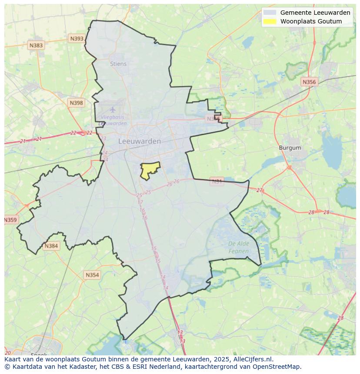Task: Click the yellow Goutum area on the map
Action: pos(149,169)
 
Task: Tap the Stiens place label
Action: pos(118,64)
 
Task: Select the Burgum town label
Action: pos(290,148)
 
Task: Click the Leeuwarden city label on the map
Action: pos(140,141)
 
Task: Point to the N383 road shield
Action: pos(36,45)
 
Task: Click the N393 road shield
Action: pos(77,39)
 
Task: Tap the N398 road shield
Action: pos(76,103)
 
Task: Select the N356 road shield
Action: pos(309,82)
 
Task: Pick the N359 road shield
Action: pos(10,220)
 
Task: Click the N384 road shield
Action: pos(51,246)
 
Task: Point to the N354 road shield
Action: pos(92,275)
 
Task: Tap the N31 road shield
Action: pos(217,181)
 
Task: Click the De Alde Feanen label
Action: pos(239,247)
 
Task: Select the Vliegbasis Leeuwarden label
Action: pos(113,120)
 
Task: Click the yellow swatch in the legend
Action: pos(270,21)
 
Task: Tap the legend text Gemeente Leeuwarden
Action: pos(315,13)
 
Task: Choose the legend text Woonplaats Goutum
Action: pos(311,21)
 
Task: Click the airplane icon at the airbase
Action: pos(113,109)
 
